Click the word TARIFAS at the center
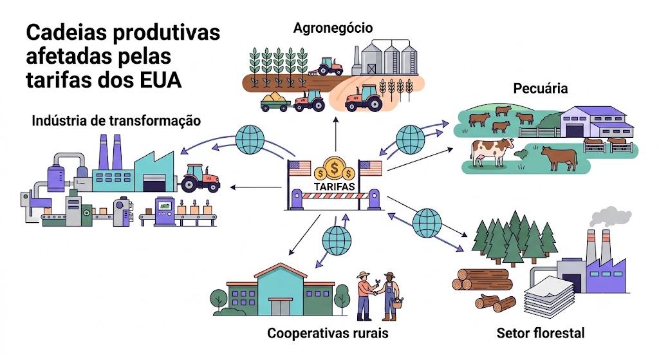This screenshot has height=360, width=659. (x=334, y=186)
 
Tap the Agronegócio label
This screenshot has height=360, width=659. (x=333, y=28)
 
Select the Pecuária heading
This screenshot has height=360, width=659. (x=541, y=88)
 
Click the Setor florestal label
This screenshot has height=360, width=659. (x=541, y=333)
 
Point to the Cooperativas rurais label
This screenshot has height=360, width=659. (x=328, y=333)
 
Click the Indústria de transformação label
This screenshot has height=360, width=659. (x=116, y=120)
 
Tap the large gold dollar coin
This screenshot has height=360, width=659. (x=335, y=168)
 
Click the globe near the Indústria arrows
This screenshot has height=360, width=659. (x=250, y=139)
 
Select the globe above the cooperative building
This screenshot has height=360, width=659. (x=337, y=241)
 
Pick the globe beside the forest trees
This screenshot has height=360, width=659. (x=427, y=223)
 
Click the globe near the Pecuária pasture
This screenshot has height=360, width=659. (x=411, y=140)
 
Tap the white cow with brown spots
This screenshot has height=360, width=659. (x=492, y=152)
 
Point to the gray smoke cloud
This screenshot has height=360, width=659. (x=610, y=216)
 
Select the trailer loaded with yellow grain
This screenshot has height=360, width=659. (x=275, y=101)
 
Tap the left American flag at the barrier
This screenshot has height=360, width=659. (x=299, y=168)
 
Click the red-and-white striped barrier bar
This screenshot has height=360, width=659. (x=335, y=196)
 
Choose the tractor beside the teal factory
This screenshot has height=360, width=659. (x=201, y=178)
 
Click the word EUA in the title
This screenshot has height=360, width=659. (x=161, y=80)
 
